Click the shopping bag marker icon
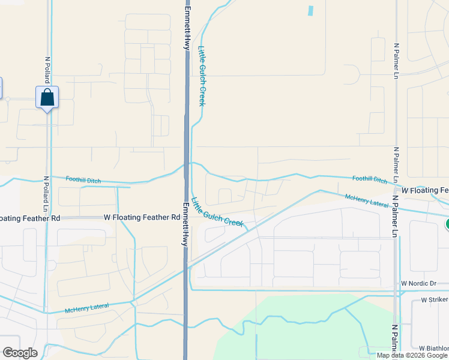pyautogui.click(x=47, y=98)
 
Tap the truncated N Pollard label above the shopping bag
pyautogui.click(x=47, y=69)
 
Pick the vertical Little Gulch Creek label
pyautogui.click(x=202, y=77)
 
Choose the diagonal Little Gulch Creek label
pyautogui.click(x=217, y=212)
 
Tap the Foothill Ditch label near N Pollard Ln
pyautogui.click(x=83, y=181)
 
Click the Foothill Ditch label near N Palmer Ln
pyautogui.click(x=370, y=179)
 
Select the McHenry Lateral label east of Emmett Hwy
pyautogui.click(x=367, y=200)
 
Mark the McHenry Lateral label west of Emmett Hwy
pyautogui.click(x=87, y=308)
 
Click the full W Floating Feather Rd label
pyautogui.click(x=142, y=217)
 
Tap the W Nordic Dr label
pyautogui.click(x=420, y=283)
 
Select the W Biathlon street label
pyautogui.click(x=433, y=348)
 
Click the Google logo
pyautogui.click(x=20, y=353)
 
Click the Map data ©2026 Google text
pyautogui.click(x=412, y=355)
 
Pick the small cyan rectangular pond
pyautogui.click(x=310, y=10)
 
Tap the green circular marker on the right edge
pyautogui.click(x=447, y=224)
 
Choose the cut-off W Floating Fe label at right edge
pyautogui.click(x=425, y=190)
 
